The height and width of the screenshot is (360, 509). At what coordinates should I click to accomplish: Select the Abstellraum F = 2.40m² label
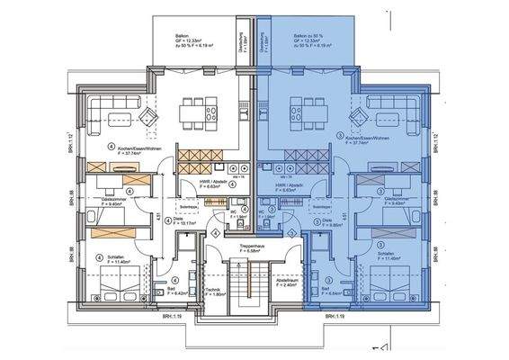[288, 283]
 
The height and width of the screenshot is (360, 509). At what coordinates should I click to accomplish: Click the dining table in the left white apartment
[198, 112]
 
